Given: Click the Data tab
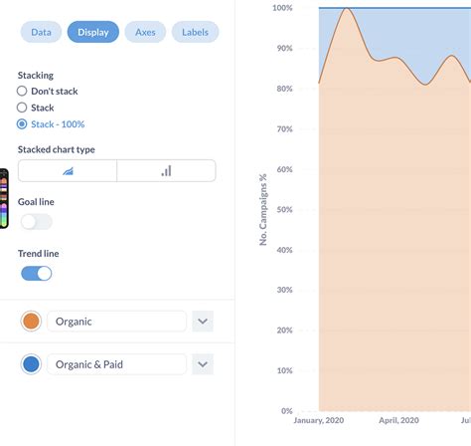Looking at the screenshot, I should coord(41,32).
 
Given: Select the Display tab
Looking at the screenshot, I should coord(93,32).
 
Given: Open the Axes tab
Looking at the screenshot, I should coord(145,32).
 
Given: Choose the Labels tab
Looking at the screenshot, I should coord(195,32).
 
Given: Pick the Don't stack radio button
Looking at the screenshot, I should coord(23,91).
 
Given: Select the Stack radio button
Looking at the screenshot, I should coord(23,108).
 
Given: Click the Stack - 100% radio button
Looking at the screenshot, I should coord(23,124).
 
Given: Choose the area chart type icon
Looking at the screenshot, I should coord(68,170).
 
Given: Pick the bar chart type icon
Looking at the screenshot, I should coord(166,170).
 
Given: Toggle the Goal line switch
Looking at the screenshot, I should coord(36,222).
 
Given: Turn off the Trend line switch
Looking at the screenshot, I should coord(36,273).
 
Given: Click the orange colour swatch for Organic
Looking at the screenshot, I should coord(31,321).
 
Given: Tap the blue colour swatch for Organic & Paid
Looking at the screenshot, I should coord(31,364).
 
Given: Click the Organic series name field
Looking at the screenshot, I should coord(116,321).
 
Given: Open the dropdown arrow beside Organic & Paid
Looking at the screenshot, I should coord(203,364).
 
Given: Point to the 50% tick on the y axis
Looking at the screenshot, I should coord(282,209).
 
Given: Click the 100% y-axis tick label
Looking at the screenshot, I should coord(281,8).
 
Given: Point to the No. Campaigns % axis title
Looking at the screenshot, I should coord(263,209).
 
